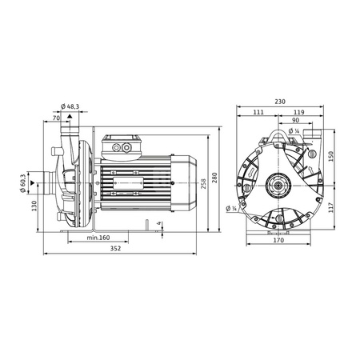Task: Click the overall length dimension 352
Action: pyautogui.click(x=115, y=249)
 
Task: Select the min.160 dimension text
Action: pyautogui.click(x=98, y=238)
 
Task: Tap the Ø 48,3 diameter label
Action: pyautogui.click(x=70, y=106)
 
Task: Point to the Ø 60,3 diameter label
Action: pyautogui.click(x=22, y=183)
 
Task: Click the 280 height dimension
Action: pyautogui.click(x=214, y=178)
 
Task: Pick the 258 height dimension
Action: pyautogui.click(x=203, y=184)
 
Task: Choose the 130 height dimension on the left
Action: pyautogui.click(x=34, y=206)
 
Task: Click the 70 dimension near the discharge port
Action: pyautogui.click(x=56, y=118)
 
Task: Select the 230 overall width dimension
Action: pyautogui.click(x=280, y=102)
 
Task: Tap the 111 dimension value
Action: pyautogui.click(x=258, y=112)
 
